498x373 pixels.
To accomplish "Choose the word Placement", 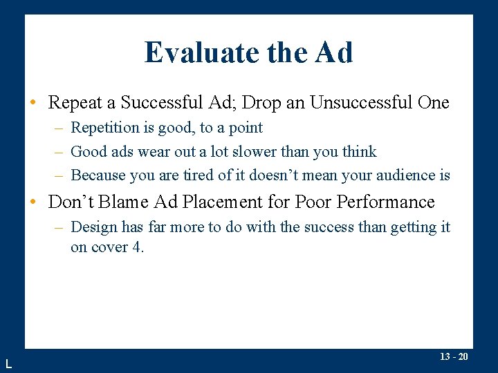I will pos(232,202).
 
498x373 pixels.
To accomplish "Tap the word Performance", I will pos(377,202).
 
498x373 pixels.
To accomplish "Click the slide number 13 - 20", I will pos(454,357).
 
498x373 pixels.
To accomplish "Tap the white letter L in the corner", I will pos(8,363).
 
